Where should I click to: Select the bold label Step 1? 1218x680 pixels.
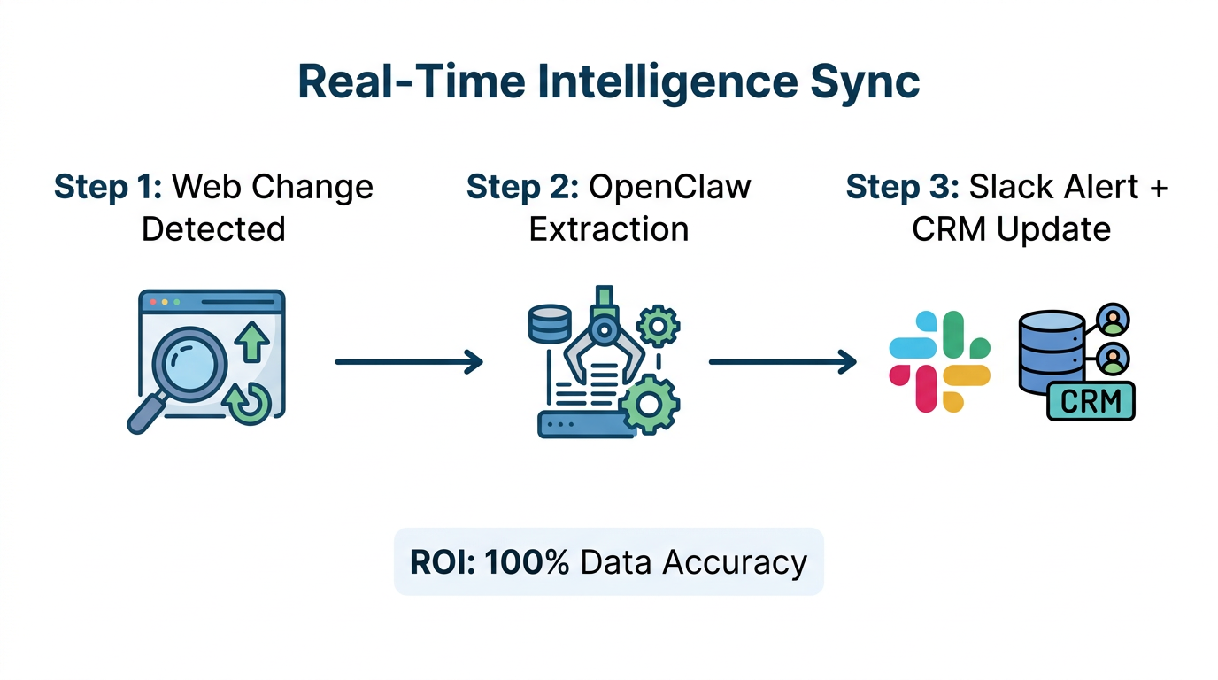point(107,187)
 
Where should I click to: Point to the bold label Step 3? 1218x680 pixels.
point(902,187)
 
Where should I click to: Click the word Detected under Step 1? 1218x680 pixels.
point(213,229)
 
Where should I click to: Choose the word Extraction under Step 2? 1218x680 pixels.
point(608,229)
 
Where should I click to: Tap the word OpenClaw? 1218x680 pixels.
point(670,187)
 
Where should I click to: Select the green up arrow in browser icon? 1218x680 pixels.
point(253,342)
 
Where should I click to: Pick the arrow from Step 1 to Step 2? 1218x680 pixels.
point(409,361)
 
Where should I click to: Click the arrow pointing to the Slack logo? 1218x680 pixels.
point(782,361)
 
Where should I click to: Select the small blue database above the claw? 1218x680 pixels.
point(549,324)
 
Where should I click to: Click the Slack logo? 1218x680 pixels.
point(939,361)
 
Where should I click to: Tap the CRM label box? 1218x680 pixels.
point(1090,401)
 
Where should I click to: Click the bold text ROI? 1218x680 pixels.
point(443,562)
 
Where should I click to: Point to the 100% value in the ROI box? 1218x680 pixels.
point(527,562)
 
